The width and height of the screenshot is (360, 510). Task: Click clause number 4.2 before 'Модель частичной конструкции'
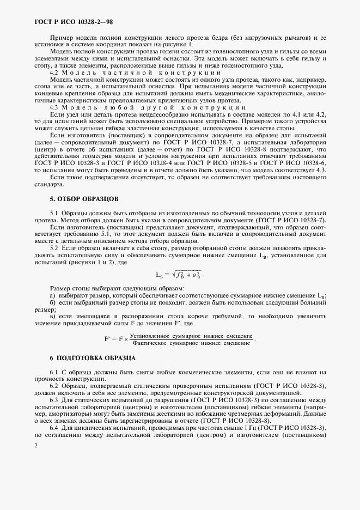coord(54,72)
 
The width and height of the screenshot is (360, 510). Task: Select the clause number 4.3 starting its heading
coord(54,108)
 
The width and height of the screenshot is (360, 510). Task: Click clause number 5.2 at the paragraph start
coord(54,248)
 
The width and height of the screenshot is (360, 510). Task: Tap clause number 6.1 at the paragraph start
coord(54,372)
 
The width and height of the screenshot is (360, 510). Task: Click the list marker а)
coord(52,295)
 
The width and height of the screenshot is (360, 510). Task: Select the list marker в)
coord(52,317)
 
